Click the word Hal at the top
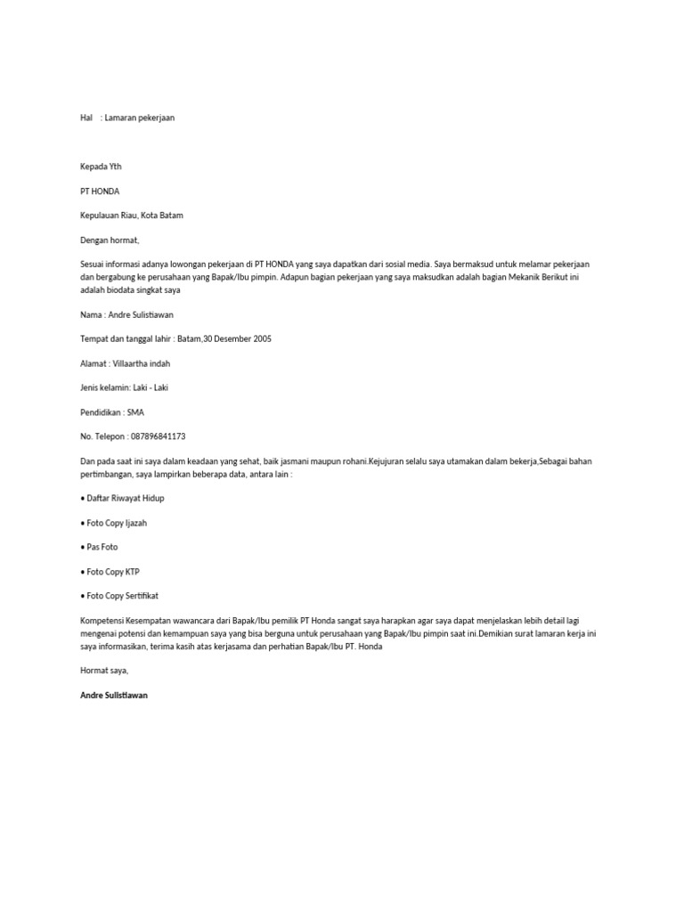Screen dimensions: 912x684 pyautogui.click(x=86, y=118)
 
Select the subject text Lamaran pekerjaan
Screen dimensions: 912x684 pyautogui.click(x=139, y=118)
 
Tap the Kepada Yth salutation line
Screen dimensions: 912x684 pyautogui.click(x=101, y=167)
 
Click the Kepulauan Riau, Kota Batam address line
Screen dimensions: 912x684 pyautogui.click(x=132, y=216)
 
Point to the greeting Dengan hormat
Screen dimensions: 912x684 pyautogui.click(x=110, y=240)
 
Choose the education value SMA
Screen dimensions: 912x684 pyautogui.click(x=135, y=411)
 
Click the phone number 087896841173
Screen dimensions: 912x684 pyautogui.click(x=158, y=436)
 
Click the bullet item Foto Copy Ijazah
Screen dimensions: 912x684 pyautogui.click(x=117, y=523)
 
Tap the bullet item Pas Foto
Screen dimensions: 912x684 pyautogui.click(x=102, y=547)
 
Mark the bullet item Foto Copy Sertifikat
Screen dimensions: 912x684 pyautogui.click(x=122, y=596)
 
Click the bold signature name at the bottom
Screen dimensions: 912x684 pyautogui.click(x=114, y=695)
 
